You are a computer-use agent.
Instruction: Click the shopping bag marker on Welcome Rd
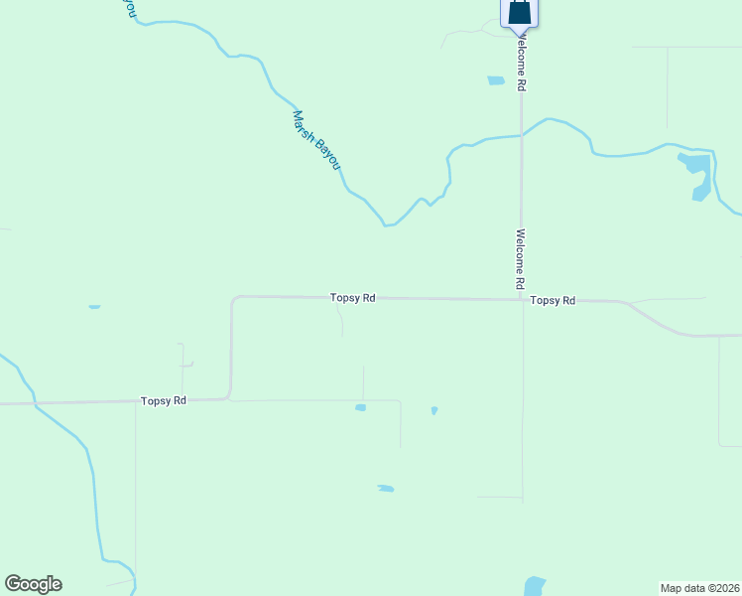pyautogui.click(x=519, y=12)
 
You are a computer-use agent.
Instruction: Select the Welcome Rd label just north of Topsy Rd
pyautogui.click(x=519, y=259)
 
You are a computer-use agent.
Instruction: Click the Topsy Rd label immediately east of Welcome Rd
pyautogui.click(x=553, y=300)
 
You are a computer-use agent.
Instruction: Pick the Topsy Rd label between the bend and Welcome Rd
pyautogui.click(x=353, y=297)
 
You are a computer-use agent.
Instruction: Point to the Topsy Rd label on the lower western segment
pyautogui.click(x=164, y=400)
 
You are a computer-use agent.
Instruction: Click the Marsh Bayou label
pyautogui.click(x=315, y=139)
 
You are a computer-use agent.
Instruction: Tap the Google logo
pyautogui.click(x=33, y=584)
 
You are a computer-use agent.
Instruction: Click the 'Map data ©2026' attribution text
pyautogui.click(x=699, y=587)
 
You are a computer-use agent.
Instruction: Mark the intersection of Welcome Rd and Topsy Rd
pyautogui.click(x=523, y=299)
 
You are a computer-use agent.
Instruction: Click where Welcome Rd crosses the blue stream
pyautogui.click(x=522, y=136)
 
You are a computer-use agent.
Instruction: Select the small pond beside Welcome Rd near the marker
pyautogui.click(x=496, y=81)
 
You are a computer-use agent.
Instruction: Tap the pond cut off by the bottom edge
pyautogui.click(x=534, y=586)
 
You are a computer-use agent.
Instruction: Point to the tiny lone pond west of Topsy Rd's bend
pyautogui.click(x=94, y=307)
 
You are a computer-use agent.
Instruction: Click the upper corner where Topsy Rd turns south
pyautogui.click(x=233, y=297)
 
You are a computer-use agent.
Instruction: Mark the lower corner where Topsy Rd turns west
pyautogui.click(x=229, y=398)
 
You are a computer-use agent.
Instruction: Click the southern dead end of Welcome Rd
pyautogui.click(x=523, y=499)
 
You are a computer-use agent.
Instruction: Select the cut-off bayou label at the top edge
pyautogui.click(x=129, y=8)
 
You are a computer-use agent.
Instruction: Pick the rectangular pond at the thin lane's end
pyautogui.click(x=361, y=407)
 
